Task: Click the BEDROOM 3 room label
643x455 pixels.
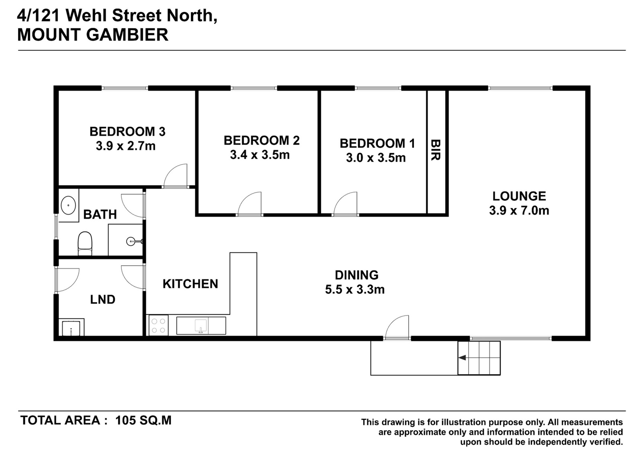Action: click(127, 131)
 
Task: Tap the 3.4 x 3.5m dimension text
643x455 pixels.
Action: click(260, 155)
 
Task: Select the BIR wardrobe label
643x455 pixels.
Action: click(436, 150)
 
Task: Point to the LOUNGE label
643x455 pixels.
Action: click(519, 196)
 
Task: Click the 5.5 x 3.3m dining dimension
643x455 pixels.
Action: click(355, 289)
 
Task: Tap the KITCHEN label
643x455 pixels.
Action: click(190, 284)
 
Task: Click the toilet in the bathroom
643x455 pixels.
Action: click(85, 244)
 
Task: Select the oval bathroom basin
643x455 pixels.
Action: click(68, 205)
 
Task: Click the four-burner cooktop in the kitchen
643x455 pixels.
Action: click(158, 326)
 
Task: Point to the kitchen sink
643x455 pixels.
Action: click(201, 326)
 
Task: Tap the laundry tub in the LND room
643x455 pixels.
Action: click(71, 328)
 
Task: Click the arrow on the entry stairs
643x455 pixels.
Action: click(462, 358)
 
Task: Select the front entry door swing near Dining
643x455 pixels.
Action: click(396, 327)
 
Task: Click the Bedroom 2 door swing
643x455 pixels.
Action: click(250, 203)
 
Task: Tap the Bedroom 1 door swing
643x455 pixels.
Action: click(345, 203)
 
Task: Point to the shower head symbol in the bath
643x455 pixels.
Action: click(132, 241)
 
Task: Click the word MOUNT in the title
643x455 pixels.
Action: click(49, 35)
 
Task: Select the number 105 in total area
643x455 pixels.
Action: click(125, 420)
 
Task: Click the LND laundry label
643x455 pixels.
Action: click(102, 299)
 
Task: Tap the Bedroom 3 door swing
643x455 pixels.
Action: click(175, 175)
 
